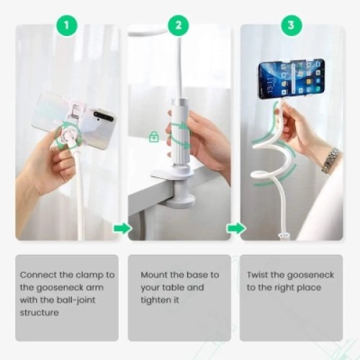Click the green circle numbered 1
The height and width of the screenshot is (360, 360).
pos(67,27)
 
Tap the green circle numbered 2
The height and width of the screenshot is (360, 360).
pos(179,27)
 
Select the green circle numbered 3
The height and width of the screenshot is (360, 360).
pos(291,27)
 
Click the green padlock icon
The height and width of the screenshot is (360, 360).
pos(153,137)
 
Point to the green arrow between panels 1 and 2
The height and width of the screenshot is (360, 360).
pos(122,228)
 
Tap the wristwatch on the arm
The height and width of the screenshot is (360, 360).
pos(330,160)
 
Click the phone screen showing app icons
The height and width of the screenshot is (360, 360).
pos(292,78)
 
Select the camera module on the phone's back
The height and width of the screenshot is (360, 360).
pos(104,116)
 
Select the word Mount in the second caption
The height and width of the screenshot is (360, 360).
pos(150,274)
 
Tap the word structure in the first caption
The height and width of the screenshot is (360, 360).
pos(39,312)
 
